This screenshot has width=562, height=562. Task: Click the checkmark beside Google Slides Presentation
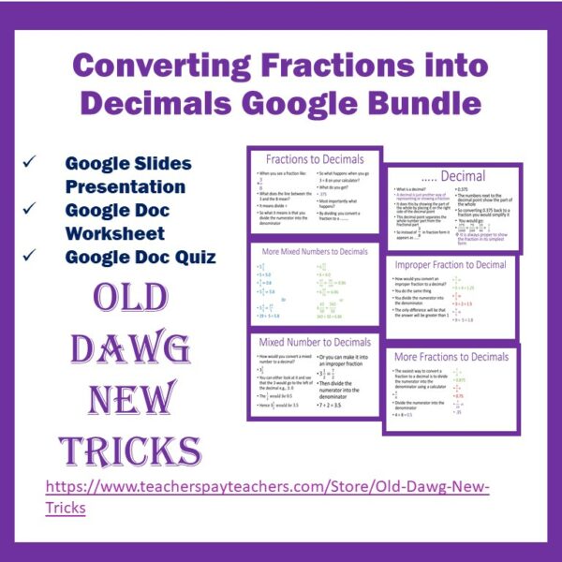point(31,163)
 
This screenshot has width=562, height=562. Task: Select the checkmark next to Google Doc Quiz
point(31,255)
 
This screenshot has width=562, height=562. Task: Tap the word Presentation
point(126,185)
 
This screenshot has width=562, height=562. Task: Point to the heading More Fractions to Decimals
point(451,357)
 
